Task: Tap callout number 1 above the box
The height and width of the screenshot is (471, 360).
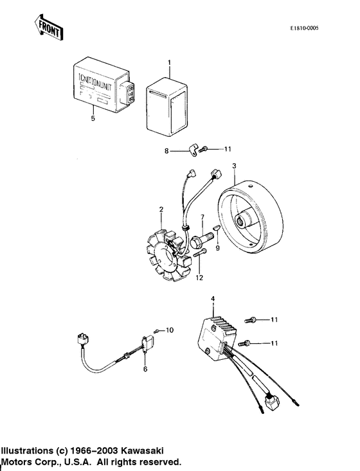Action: tap(169, 62)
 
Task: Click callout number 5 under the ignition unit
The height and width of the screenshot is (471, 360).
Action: tap(93, 118)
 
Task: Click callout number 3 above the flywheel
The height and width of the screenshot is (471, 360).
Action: tap(235, 166)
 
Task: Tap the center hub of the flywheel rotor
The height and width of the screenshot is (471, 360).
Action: tap(246, 222)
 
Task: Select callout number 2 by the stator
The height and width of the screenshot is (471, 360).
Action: tap(161, 209)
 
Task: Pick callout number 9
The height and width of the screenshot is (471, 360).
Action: tap(217, 248)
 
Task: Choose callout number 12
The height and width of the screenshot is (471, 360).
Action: tap(200, 277)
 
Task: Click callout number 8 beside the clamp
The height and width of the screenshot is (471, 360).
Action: tap(166, 152)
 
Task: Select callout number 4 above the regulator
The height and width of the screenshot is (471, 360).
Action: tap(213, 298)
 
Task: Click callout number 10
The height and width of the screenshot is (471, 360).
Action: tap(170, 330)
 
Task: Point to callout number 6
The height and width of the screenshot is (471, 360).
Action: tap(145, 369)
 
